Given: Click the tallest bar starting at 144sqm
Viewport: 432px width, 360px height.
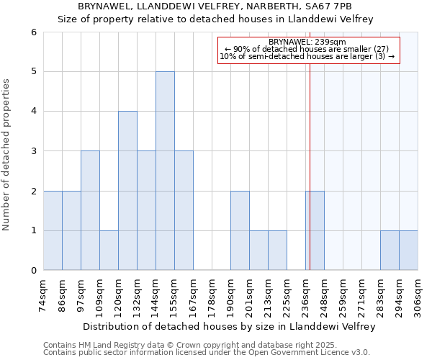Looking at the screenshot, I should [x=165, y=171].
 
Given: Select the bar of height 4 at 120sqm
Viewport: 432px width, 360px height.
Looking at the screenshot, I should [x=127, y=191].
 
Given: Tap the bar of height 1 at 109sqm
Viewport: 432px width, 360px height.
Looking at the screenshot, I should [x=109, y=250].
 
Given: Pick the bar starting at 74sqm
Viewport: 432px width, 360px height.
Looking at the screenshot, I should [x=53, y=230].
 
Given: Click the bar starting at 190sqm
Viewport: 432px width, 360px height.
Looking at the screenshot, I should [x=240, y=230].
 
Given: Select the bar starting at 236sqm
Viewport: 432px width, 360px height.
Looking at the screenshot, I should [x=315, y=230].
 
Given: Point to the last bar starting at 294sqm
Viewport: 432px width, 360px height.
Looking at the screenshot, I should [x=408, y=250].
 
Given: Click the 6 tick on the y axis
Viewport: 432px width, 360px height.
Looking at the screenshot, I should [x=33, y=32].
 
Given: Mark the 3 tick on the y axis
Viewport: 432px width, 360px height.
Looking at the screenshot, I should [x=33, y=151].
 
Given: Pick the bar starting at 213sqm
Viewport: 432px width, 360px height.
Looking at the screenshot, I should [x=277, y=250].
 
